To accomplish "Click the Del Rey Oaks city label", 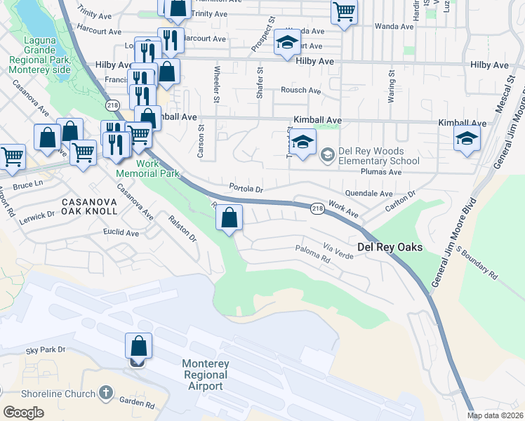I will tap(390, 247).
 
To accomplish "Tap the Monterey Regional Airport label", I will tap(205, 375).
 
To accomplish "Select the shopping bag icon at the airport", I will tap(138, 347).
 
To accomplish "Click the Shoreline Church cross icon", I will tap(105, 392).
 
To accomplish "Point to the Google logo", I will tap(24, 413).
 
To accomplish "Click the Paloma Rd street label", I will tap(312, 253).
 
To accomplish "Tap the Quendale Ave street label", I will tap(368, 193).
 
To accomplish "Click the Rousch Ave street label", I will tap(300, 90).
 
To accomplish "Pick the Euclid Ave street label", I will tap(121, 232).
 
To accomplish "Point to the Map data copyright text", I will tap(495, 415).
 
